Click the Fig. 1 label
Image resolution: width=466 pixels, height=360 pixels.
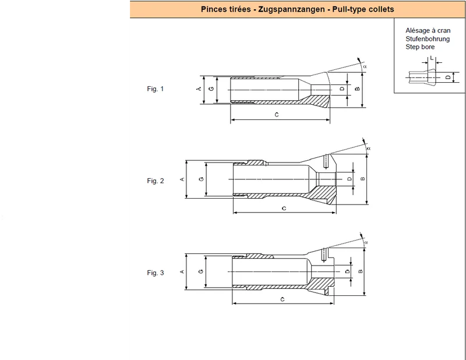point(155,89)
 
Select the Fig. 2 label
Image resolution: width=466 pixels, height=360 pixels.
point(156,181)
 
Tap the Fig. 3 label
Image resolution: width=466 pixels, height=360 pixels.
point(156,273)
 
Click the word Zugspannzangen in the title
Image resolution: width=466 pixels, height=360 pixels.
point(291,9)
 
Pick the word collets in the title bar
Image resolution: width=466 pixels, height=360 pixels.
point(382,9)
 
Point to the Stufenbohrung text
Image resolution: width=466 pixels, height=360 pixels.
point(428,38)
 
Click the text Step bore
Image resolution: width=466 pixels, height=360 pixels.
point(420,47)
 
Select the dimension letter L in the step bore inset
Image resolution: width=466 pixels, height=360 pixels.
point(432,58)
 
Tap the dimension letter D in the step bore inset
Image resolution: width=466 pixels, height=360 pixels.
point(448,77)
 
